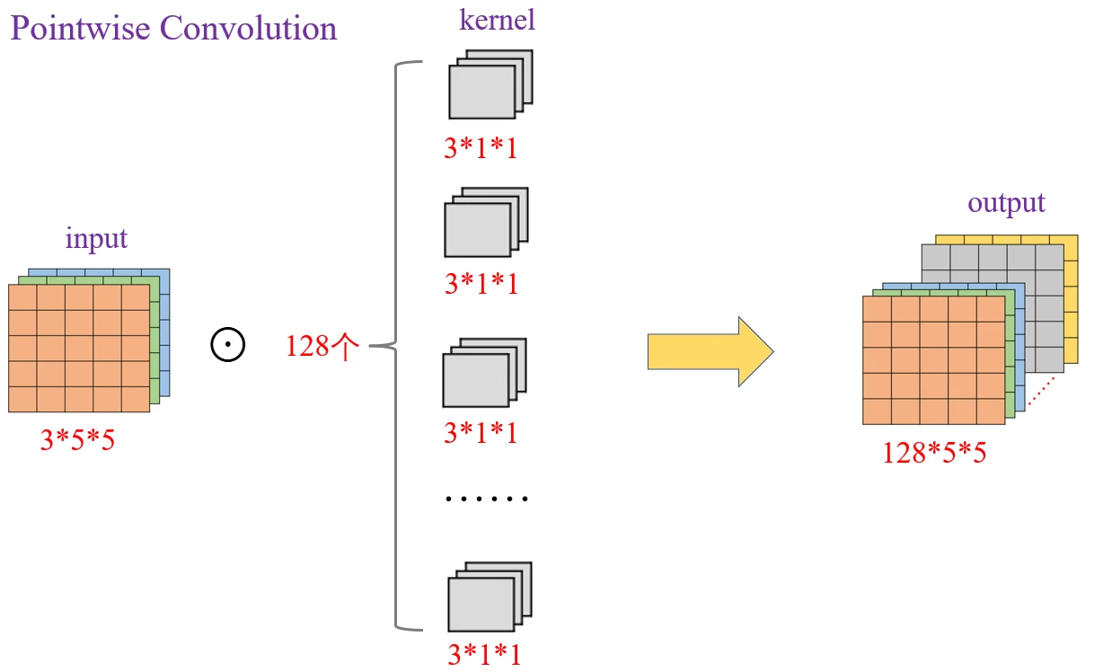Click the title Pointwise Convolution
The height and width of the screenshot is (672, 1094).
click(173, 29)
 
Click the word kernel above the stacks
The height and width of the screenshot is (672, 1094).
click(497, 20)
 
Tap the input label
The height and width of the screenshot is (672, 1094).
click(96, 239)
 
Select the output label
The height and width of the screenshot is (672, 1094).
click(1006, 203)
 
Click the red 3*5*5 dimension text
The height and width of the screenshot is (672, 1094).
click(77, 440)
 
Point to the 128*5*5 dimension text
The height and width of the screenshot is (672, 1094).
click(934, 452)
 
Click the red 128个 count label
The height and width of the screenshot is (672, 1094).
click(322, 346)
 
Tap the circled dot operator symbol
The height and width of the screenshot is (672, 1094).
click(228, 346)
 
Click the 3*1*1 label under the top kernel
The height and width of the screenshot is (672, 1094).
click(481, 148)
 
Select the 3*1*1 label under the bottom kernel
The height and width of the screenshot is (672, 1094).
click(483, 653)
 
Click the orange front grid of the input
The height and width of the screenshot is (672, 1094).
click(78, 348)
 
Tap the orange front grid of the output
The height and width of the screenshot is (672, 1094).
click(933, 359)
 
